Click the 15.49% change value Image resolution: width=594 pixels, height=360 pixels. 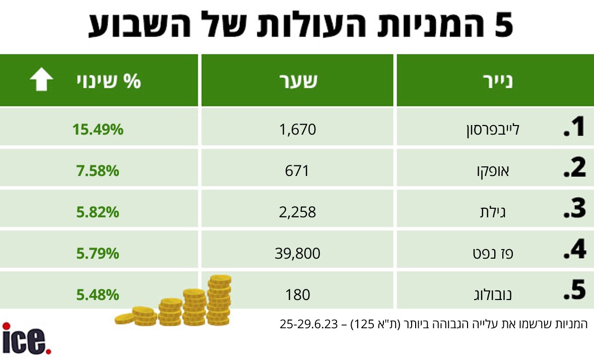pyautogui.click(x=98, y=130)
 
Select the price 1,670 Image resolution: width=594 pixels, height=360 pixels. pyautogui.click(x=298, y=130)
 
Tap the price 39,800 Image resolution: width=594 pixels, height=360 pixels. pyautogui.click(x=298, y=253)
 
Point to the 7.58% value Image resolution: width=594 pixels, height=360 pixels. pyautogui.click(x=98, y=171)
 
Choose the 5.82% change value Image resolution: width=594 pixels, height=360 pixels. pyautogui.click(x=98, y=212)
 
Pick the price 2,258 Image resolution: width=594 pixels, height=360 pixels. pyautogui.click(x=298, y=212)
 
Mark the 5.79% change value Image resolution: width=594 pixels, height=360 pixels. pyautogui.click(x=98, y=253)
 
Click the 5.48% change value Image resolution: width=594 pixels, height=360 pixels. pyautogui.click(x=98, y=294)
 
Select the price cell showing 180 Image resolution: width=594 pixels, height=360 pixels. pyautogui.click(x=297, y=294)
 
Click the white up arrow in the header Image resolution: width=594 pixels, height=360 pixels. pyautogui.click(x=41, y=81)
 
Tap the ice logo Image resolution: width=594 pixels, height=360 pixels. pyautogui.click(x=27, y=338)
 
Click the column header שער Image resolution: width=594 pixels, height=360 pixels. pyautogui.click(x=298, y=81)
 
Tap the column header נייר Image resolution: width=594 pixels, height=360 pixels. pyautogui.click(x=497, y=81)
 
